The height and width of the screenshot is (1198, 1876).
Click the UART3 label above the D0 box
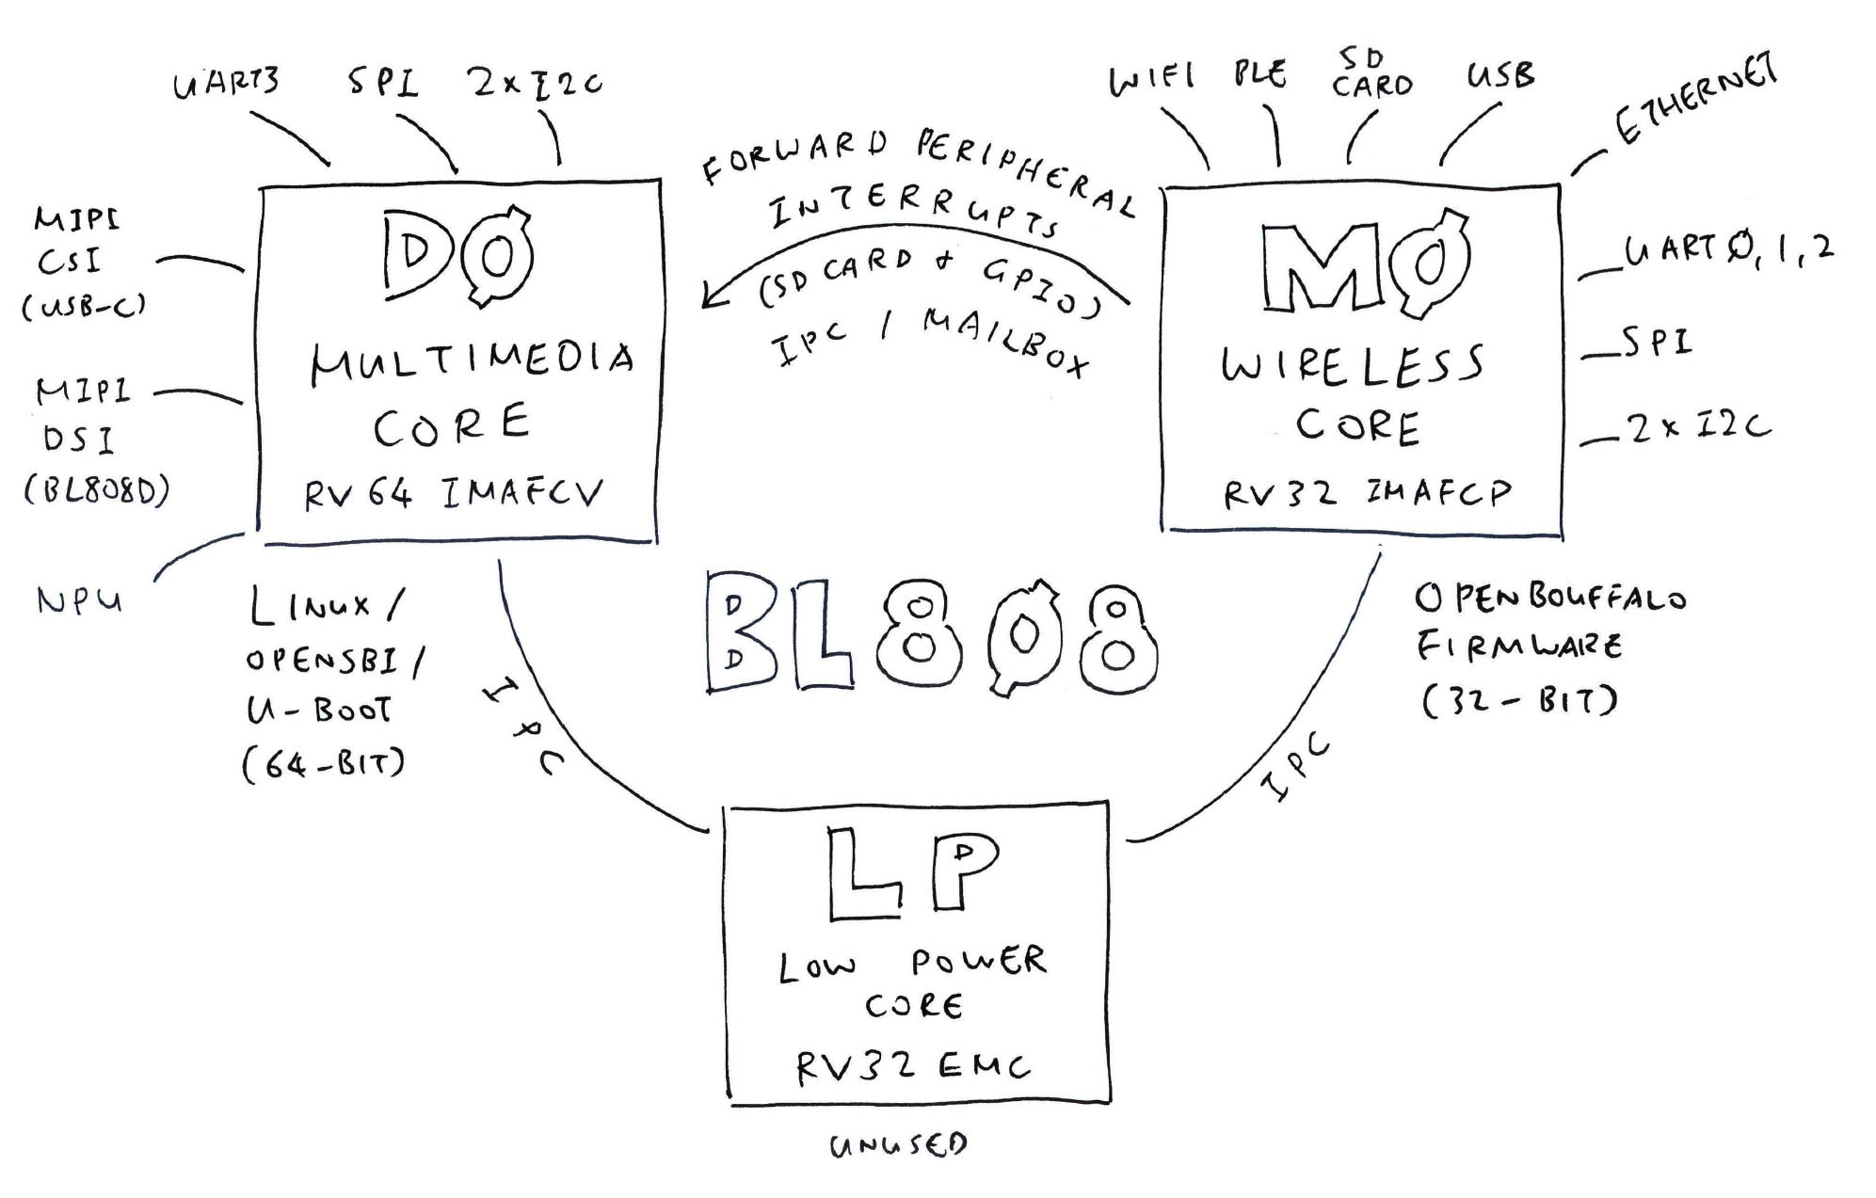pyautogui.click(x=227, y=83)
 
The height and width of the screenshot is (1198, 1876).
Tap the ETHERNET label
pyautogui.click(x=1695, y=100)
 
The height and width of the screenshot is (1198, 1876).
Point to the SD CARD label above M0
pyautogui.click(x=1371, y=74)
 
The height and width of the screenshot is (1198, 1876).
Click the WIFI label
pyautogui.click(x=1152, y=79)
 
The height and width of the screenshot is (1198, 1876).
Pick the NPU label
pyautogui.click(x=80, y=600)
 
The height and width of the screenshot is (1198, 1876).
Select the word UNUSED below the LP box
pyautogui.click(x=898, y=1145)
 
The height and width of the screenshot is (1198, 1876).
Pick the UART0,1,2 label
pyautogui.click(x=1728, y=250)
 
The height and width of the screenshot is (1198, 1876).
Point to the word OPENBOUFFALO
pyautogui.click(x=1549, y=598)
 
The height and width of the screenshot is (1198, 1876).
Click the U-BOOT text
pyautogui.click(x=318, y=710)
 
